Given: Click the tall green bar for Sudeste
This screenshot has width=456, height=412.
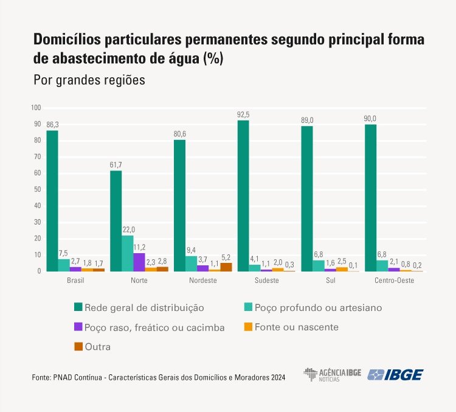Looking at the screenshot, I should click(243, 195).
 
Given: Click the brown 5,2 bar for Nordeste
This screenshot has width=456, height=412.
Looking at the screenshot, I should click(226, 267).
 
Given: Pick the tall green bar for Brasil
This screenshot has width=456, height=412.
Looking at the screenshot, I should click(52, 201).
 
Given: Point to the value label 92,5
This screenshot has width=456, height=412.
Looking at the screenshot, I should click(243, 114).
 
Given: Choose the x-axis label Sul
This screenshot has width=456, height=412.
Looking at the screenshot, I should click(330, 281).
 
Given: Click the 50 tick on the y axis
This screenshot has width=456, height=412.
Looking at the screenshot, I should click(37, 189).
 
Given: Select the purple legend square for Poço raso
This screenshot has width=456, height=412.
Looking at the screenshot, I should click(77, 327).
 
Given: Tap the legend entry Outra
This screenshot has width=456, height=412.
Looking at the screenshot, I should click(98, 346).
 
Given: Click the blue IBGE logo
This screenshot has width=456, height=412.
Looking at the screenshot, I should click(396, 374).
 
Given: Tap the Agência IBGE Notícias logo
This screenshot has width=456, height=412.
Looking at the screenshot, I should click(332, 374).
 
